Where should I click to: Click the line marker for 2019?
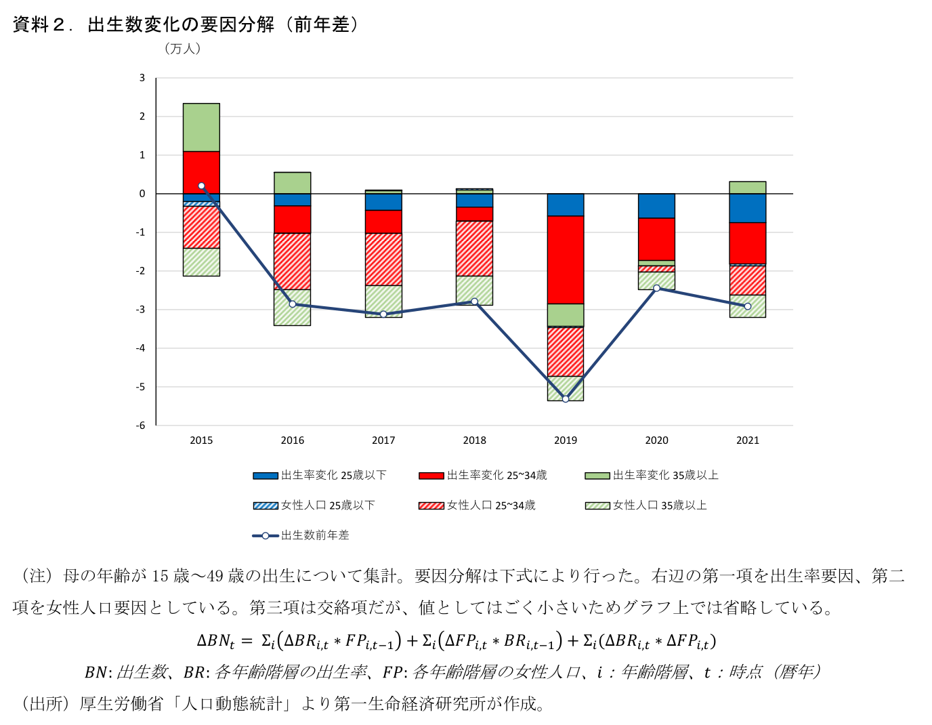click(566, 398)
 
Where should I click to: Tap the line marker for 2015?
click(201, 186)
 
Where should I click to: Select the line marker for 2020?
click(656, 288)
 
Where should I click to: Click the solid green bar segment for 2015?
click(201, 127)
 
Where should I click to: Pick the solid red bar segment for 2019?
click(566, 260)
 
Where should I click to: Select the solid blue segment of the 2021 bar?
click(748, 208)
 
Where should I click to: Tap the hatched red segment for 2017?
click(383, 259)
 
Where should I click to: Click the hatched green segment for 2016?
click(292, 307)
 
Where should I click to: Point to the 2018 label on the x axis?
click(474, 440)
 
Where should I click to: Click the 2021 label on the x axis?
click(748, 440)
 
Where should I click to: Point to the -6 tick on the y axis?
click(141, 426)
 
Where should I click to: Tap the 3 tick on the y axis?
click(142, 78)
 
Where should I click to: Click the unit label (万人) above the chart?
click(182, 49)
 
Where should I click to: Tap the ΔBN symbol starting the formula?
click(215, 640)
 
